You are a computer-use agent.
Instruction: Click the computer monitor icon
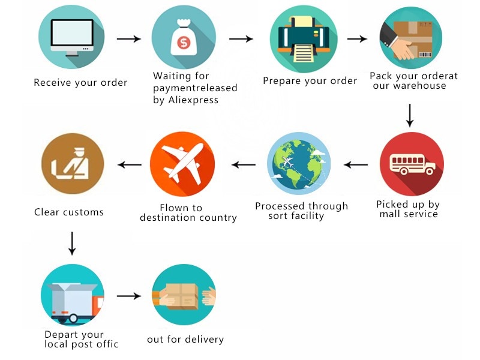[72, 37]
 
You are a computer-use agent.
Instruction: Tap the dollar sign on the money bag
[184, 43]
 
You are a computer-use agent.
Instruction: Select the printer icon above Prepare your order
[304, 39]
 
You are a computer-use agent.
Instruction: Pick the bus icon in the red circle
[412, 164]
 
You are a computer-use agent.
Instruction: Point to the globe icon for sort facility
[299, 163]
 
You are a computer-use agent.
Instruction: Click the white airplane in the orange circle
[183, 163]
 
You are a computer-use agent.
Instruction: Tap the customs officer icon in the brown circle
[70, 164]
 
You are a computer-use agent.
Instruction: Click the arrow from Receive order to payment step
[129, 39]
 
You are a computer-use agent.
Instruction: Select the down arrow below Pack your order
[410, 115]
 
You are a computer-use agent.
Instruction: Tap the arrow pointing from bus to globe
[356, 164]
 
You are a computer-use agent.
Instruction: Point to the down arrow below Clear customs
[72, 244]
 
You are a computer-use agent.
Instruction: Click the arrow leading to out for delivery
[129, 296]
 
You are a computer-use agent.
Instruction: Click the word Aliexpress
[193, 100]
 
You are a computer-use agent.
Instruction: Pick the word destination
[168, 217]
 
